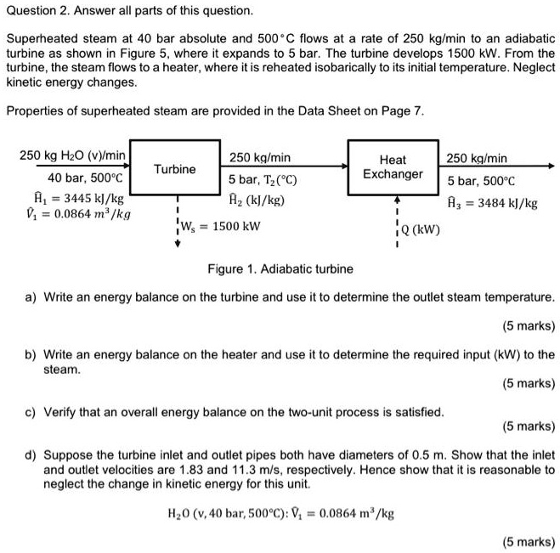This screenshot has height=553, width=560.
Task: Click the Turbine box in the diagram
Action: [175, 169]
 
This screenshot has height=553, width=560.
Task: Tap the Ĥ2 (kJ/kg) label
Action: [257, 200]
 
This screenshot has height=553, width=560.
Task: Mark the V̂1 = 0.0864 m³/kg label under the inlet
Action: [75, 215]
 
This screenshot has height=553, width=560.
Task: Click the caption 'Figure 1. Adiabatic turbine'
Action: [280, 269]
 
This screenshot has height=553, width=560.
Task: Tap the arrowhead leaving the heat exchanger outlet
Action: [552, 166]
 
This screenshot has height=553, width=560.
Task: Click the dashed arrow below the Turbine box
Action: [177, 224]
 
